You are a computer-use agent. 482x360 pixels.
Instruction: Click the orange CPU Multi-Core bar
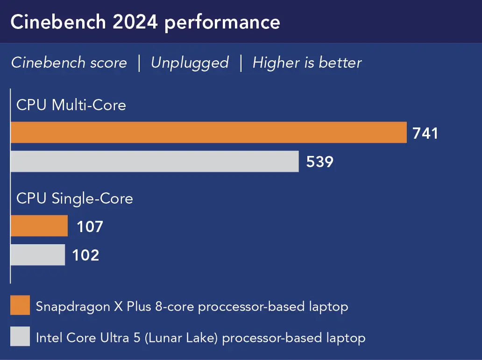(x=208, y=133)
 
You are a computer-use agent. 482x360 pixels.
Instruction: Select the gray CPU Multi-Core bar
(x=155, y=162)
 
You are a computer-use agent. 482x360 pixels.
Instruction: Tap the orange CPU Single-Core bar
(x=39, y=226)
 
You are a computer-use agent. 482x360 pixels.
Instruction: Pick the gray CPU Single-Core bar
(x=38, y=255)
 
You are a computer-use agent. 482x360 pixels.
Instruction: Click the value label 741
(x=425, y=134)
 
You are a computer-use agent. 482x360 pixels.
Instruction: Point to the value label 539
(x=320, y=162)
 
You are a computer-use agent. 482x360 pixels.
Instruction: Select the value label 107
(x=90, y=227)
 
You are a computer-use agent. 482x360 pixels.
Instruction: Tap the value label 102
(x=85, y=255)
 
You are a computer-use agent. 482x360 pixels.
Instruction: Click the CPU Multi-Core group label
(x=71, y=105)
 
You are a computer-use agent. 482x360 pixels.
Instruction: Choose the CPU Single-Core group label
(x=75, y=198)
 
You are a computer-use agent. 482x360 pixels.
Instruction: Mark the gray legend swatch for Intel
(x=20, y=337)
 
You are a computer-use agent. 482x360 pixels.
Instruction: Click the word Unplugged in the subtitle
(x=190, y=63)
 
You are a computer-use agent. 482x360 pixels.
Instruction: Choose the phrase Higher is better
(x=307, y=63)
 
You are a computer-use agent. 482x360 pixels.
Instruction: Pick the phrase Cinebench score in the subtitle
(x=69, y=63)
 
